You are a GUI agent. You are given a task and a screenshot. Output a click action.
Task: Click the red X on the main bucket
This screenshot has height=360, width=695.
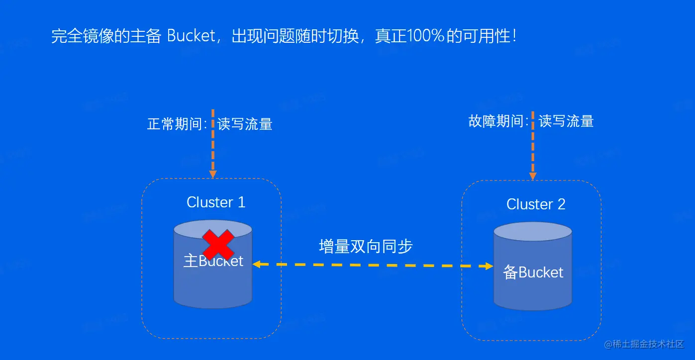click(x=217, y=244)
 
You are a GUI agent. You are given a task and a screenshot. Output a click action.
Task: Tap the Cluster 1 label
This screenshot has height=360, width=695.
click(x=216, y=202)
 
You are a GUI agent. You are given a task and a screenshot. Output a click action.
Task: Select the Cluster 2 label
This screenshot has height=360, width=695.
click(x=536, y=204)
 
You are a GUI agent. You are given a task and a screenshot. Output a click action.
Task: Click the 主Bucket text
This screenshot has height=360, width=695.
click(x=213, y=261)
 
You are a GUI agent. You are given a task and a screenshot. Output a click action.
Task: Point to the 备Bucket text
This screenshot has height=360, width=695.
click(x=533, y=272)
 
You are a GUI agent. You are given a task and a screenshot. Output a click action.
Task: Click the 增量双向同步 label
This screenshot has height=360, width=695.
click(x=366, y=247)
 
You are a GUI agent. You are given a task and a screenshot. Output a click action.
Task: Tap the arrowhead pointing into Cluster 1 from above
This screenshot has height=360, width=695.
click(x=213, y=174)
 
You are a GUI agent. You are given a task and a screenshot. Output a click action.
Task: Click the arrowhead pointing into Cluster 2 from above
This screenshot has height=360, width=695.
click(x=533, y=176)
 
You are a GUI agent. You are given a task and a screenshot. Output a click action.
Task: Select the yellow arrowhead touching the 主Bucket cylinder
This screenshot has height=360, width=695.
click(x=256, y=265)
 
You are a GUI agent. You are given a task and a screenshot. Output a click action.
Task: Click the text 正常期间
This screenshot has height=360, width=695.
click(x=175, y=124)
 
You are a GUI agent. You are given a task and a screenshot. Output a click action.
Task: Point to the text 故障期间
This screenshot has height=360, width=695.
click(x=496, y=121)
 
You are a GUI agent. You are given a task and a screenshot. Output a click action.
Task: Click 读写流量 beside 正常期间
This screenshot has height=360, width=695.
click(x=245, y=124)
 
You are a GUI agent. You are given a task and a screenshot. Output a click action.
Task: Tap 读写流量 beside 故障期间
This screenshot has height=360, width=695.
click(x=566, y=121)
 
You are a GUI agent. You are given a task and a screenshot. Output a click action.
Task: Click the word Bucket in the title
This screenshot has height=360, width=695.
click(x=191, y=36)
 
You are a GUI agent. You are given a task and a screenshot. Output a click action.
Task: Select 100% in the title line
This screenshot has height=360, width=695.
click(x=425, y=36)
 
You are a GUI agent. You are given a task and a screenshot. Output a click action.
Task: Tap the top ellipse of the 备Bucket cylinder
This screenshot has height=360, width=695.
click(x=533, y=232)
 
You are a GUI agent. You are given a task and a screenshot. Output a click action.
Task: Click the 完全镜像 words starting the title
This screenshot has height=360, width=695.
click(x=79, y=36)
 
